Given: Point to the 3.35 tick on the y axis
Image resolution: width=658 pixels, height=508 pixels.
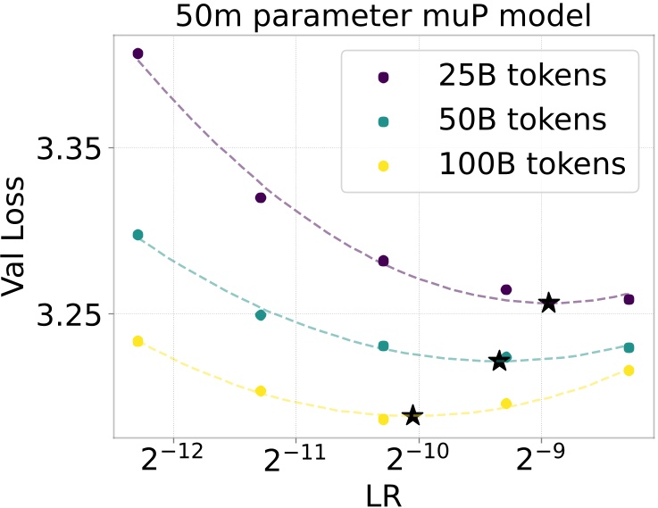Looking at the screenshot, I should (x=68, y=147).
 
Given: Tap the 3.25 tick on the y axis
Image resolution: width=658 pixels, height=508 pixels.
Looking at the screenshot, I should (x=68, y=314).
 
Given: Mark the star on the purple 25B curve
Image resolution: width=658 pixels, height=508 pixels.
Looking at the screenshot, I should (x=548, y=304).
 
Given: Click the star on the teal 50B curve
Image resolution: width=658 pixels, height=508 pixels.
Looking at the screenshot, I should (x=499, y=361).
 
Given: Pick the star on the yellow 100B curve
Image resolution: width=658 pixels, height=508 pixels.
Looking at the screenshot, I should (x=412, y=415).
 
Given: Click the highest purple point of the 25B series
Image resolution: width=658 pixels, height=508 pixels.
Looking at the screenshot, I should (x=137, y=54).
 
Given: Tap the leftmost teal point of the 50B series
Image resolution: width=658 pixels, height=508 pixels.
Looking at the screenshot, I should (x=137, y=235).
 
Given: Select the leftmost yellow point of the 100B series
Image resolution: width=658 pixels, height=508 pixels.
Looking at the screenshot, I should (x=137, y=341).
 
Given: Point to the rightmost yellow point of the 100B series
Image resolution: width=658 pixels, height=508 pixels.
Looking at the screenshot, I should (x=629, y=371).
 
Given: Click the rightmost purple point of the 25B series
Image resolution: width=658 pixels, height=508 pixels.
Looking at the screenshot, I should (x=629, y=299).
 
